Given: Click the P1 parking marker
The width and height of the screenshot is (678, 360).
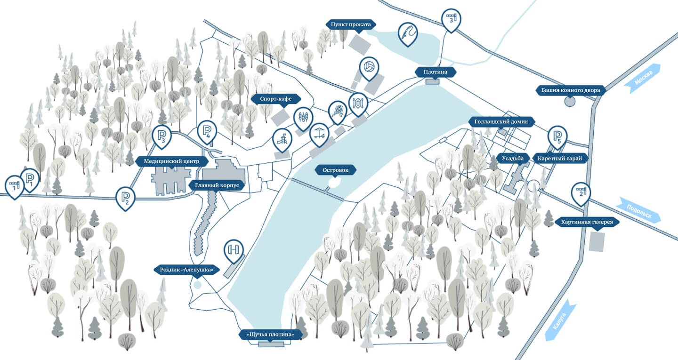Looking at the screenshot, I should tap(30, 178).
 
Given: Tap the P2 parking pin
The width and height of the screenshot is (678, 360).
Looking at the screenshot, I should tap(126, 196).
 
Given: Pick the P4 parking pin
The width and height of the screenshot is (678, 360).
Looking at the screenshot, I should tap(207, 130).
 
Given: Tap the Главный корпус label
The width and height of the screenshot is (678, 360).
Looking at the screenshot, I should tap(218, 185).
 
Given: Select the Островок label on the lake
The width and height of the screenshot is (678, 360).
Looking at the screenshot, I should tap(336, 170).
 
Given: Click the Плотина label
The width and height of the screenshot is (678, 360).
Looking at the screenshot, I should tap(432, 72).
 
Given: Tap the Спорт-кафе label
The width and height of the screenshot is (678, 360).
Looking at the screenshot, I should tap(276, 99).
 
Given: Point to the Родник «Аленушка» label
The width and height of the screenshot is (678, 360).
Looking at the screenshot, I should tap(187, 270).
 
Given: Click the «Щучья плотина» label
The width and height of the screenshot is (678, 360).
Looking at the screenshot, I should tap(270, 335).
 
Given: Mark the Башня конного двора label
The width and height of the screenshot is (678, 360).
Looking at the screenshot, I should tap(570, 90).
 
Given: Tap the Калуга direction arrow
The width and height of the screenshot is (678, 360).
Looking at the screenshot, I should tap(560, 320).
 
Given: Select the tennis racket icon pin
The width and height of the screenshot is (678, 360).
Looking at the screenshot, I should tap(338, 111).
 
